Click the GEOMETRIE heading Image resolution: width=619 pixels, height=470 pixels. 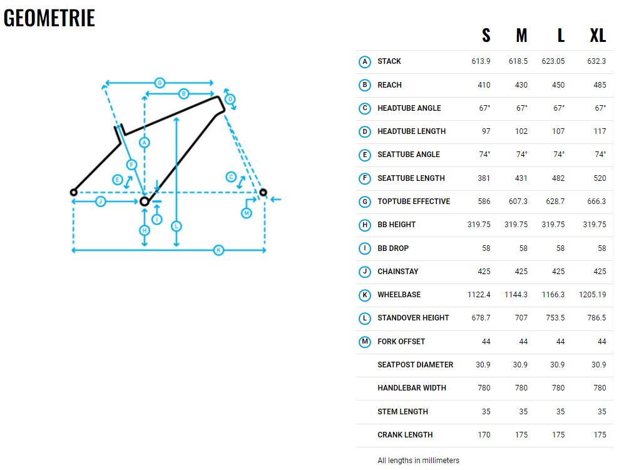(49, 18)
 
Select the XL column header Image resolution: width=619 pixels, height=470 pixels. (598, 36)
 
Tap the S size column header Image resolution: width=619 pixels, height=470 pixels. (486, 36)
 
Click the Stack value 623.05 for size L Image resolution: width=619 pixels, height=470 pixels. (553, 61)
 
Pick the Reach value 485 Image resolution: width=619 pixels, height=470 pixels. (600, 85)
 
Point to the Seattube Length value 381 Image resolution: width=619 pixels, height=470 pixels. (484, 178)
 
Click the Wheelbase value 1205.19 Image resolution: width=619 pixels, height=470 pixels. (592, 294)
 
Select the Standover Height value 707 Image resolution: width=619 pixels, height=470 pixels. (521, 318)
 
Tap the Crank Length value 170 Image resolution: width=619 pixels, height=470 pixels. (484, 434)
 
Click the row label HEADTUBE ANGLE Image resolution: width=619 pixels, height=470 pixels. (409, 108)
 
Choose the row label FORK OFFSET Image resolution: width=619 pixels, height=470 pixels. (401, 341)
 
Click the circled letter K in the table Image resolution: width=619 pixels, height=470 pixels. (365, 295)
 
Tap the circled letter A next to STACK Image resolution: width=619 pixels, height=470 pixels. (365, 61)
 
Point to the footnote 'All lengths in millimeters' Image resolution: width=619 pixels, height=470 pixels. (419, 461)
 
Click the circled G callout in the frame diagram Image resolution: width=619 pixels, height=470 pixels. (160, 83)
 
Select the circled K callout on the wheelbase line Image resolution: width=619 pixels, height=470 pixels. (218, 250)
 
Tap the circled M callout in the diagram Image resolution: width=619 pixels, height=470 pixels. (247, 213)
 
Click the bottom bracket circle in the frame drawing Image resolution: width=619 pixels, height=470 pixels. (145, 202)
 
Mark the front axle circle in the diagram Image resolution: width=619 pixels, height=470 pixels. (263, 192)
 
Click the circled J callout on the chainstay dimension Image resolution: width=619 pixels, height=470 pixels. (100, 202)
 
